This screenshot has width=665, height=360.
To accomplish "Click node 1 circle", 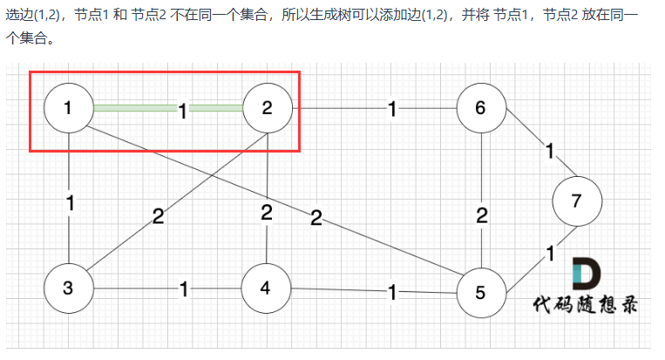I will (x=69, y=108).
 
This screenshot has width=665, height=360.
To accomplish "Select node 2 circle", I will (x=267, y=108).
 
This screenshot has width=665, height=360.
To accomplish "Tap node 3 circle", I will (x=69, y=289).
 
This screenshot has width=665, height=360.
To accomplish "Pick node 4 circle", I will (x=267, y=289).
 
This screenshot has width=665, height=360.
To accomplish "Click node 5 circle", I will (x=480, y=294).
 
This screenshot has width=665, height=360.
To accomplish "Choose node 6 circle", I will (x=480, y=108).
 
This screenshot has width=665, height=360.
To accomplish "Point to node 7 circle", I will (x=576, y=200).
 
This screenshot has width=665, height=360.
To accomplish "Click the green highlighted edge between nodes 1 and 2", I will (x=135, y=108).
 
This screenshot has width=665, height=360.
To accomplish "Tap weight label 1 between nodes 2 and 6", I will (x=392, y=109).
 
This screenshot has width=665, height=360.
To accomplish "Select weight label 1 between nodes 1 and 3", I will (x=70, y=203).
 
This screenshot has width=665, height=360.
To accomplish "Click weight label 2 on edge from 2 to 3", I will (x=158, y=217).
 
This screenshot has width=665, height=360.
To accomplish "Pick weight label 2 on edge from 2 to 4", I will (x=267, y=212).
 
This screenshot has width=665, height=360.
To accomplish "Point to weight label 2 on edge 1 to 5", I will (x=316, y=218).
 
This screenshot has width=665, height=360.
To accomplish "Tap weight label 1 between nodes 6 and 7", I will (x=550, y=151).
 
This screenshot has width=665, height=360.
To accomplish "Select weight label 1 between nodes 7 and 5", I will (x=550, y=254).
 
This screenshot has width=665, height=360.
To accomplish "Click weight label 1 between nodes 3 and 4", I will (x=183, y=289).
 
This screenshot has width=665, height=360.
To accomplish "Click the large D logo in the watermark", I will (x=586, y=275).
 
